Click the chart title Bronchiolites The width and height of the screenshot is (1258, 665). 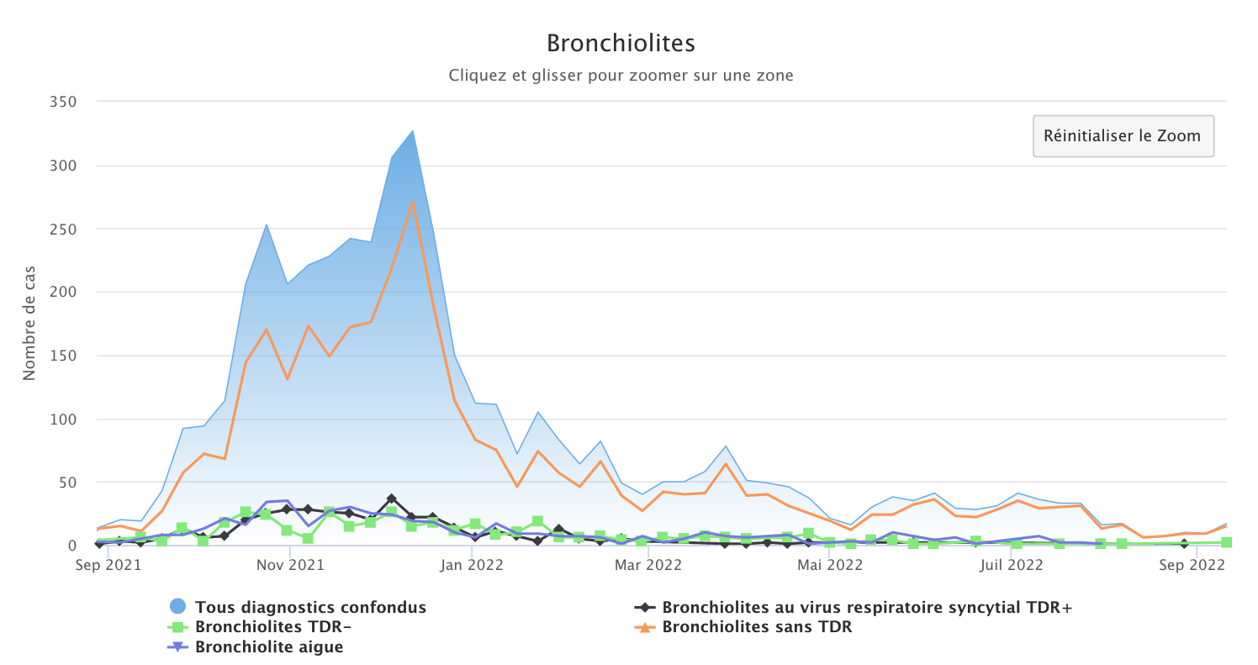coord(621,43)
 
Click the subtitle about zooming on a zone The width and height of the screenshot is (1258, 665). coord(621,75)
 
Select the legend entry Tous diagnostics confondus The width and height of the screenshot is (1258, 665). coord(310,606)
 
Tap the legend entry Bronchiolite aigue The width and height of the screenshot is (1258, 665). coord(269,647)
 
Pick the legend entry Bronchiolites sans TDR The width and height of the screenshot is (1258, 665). coord(757,626)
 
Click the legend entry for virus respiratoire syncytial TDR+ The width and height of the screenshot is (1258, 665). coord(867,606)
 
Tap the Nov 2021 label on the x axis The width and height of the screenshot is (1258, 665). coord(288,565)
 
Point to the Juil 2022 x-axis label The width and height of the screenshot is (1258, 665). coord(1012,565)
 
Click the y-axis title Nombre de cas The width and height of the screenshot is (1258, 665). coord(29,324)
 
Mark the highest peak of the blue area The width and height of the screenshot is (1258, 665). coord(413,130)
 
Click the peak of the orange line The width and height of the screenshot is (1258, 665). coord(413,201)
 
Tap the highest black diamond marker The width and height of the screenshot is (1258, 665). coord(391,499)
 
